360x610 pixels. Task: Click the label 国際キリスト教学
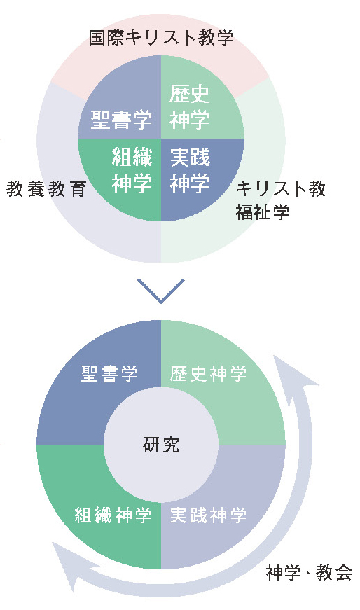[160, 38]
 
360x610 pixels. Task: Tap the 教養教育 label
[46, 189]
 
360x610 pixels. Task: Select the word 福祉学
[262, 212]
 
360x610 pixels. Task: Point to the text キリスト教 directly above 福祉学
[281, 189]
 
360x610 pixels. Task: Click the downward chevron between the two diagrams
[160, 291]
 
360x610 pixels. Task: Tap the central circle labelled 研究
[160, 445]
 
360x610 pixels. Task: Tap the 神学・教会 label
[310, 573]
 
